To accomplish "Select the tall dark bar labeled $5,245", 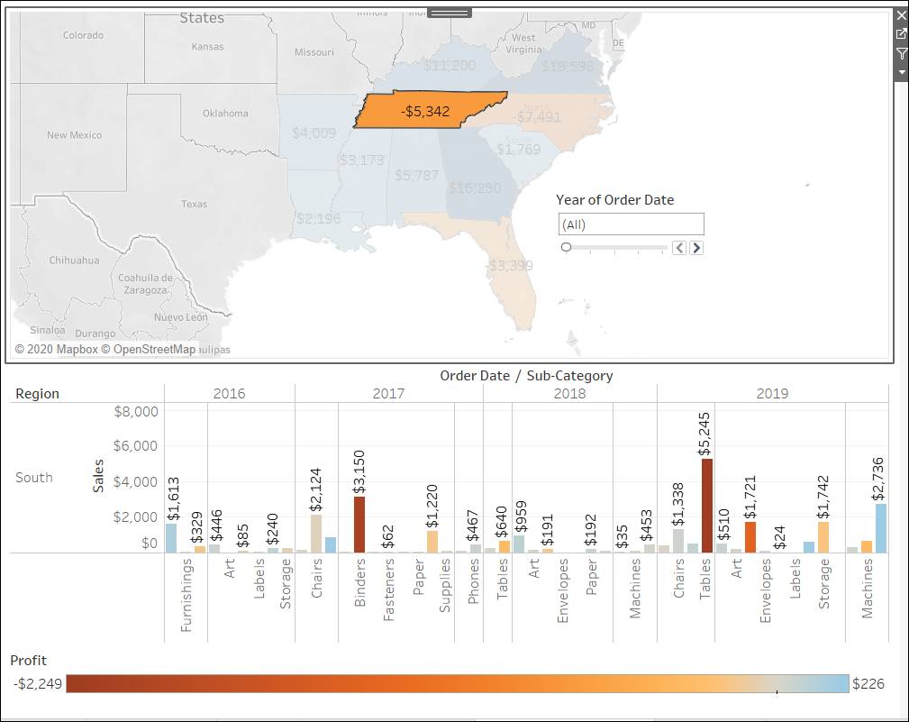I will (707, 505).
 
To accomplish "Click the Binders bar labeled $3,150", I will (359, 524).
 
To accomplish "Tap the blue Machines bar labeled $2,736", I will (880, 527).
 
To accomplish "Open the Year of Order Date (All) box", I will (631, 224).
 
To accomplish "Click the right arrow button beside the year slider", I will (696, 248).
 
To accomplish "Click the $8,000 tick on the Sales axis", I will (136, 412).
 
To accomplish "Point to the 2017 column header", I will (388, 393).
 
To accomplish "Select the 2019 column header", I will (772, 393).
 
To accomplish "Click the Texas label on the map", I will (194, 205).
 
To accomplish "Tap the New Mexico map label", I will (74, 135).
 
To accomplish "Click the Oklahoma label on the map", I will (225, 114).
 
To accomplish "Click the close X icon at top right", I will (901, 15).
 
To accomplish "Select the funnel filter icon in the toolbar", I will (901, 54).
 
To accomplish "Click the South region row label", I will (34, 478).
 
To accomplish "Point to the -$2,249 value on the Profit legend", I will (38, 684).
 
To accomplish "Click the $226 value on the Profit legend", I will (868, 684).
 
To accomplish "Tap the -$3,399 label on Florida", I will (510, 266).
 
